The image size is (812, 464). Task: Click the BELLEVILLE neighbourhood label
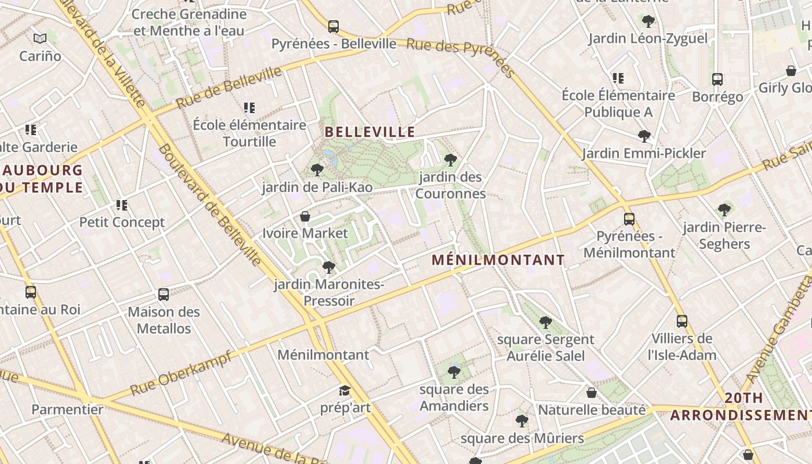pyautogui.click(x=370, y=132)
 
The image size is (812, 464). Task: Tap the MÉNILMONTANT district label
pyautogui.click(x=498, y=260)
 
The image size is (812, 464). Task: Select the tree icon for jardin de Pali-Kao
pyautogui.click(x=317, y=169)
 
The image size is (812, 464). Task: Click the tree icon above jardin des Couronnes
pyautogui.click(x=450, y=159)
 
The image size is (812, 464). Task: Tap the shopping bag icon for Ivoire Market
pyautogui.click(x=305, y=216)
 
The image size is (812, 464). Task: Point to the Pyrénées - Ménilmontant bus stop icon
pyautogui.click(x=629, y=219)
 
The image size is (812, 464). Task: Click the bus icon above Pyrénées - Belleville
pyautogui.click(x=333, y=26)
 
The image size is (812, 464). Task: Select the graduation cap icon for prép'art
pyautogui.click(x=345, y=390)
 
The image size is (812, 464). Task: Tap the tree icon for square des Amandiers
pyautogui.click(x=454, y=372)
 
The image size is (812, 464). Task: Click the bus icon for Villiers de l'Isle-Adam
pyautogui.click(x=682, y=321)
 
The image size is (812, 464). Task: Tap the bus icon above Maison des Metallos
pyautogui.click(x=164, y=295)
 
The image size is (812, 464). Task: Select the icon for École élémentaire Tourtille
pyautogui.click(x=249, y=107)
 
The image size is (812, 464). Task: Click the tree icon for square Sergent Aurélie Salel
pyautogui.click(x=545, y=322)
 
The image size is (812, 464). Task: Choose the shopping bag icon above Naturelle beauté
pyautogui.click(x=592, y=393)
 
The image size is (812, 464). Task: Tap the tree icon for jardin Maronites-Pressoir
pyautogui.click(x=329, y=267)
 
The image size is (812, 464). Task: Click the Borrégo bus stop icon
pyautogui.click(x=717, y=79)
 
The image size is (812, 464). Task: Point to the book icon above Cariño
pyautogui.click(x=40, y=39)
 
